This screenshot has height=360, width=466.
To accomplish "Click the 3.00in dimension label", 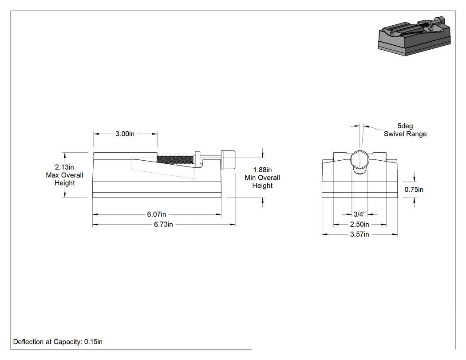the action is pyautogui.click(x=125, y=134).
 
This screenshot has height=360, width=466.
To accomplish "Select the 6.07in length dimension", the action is pyautogui.click(x=157, y=214).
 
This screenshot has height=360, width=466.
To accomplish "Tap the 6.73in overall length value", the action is pyautogui.click(x=163, y=225).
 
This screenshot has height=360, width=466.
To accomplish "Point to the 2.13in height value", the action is pyautogui.click(x=64, y=167).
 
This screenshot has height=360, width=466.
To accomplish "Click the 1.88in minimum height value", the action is pyautogui.click(x=262, y=170).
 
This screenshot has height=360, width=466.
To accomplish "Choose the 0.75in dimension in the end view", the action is pyautogui.click(x=414, y=190).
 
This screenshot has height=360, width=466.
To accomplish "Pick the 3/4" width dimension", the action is pyautogui.click(x=359, y=214).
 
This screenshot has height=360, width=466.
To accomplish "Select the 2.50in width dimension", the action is pyautogui.click(x=359, y=224).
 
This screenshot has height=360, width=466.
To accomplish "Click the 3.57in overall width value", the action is pyautogui.click(x=359, y=234).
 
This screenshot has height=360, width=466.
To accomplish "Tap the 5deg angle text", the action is pyautogui.click(x=405, y=126).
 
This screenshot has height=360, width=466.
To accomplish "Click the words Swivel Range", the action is pyautogui.click(x=405, y=134).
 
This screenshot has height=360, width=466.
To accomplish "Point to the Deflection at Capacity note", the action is pyautogui.click(x=58, y=342).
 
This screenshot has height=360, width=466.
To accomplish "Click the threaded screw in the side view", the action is pyautogui.click(x=175, y=160).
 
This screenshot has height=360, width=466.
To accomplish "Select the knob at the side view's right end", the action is pyautogui.click(x=228, y=160).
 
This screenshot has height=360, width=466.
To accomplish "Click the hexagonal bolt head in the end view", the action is pyautogui.click(x=359, y=160).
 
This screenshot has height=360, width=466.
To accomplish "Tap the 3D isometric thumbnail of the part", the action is pyautogui.click(x=415, y=36).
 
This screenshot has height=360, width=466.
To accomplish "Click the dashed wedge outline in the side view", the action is pyautogui.click(x=163, y=168).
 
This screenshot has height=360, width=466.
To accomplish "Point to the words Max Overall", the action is pyautogui.click(x=64, y=175).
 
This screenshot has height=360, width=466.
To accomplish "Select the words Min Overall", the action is pyautogui.click(x=262, y=178).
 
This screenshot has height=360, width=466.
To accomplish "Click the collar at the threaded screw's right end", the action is pyautogui.click(x=197, y=159).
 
